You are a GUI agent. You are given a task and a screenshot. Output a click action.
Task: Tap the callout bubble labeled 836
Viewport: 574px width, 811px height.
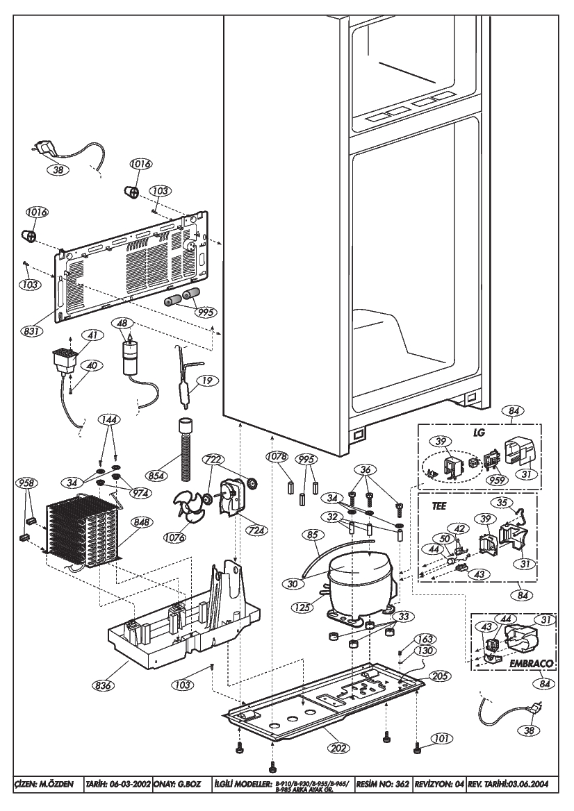pyautogui.click(x=104, y=686)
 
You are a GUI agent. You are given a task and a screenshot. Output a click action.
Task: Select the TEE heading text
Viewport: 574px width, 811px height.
pyautogui.click(x=439, y=506)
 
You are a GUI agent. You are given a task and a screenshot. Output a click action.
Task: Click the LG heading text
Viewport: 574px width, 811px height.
pyautogui.click(x=479, y=433)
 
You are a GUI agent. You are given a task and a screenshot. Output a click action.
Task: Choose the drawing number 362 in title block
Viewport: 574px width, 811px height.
pyautogui.click(x=402, y=784)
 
